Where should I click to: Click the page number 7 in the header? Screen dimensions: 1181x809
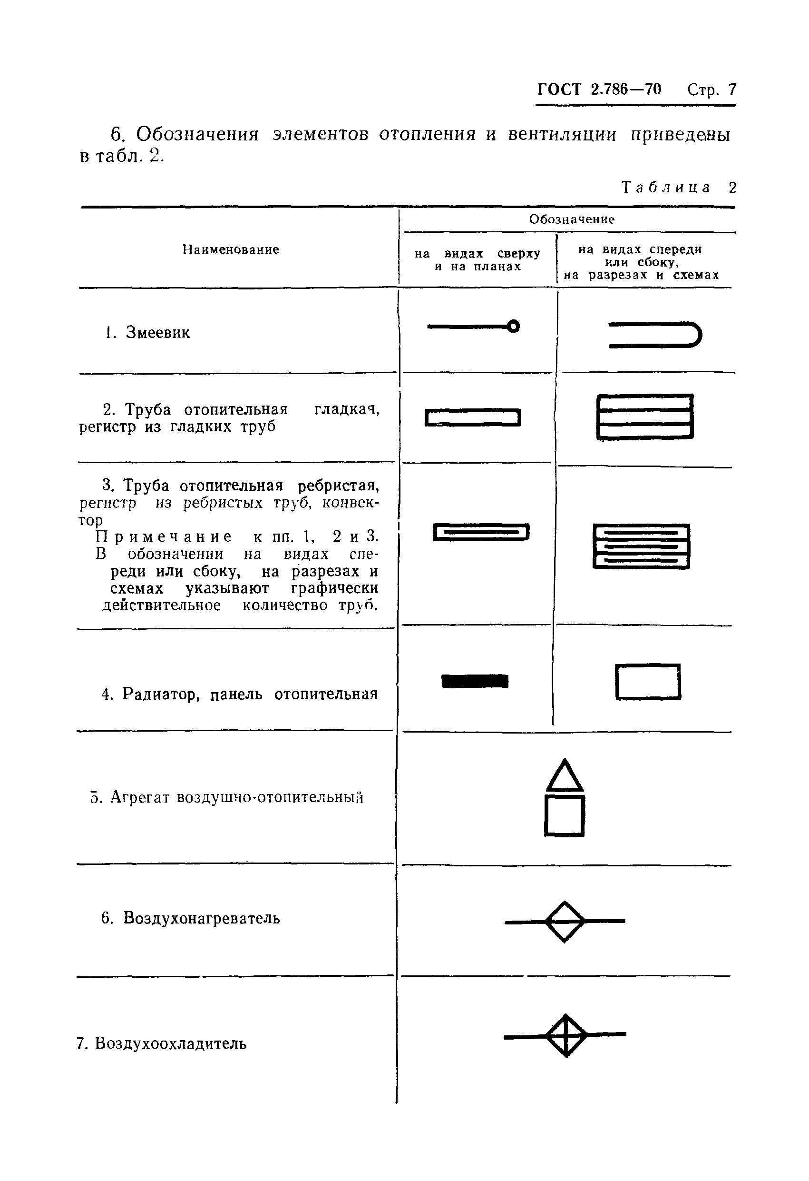click(x=732, y=90)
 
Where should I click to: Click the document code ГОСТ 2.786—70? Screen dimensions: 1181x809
click(x=599, y=89)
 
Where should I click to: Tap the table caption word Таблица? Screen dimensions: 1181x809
click(x=666, y=188)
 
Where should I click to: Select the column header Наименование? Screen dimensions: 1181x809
click(x=231, y=249)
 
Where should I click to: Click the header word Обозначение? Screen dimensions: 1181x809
click(x=571, y=219)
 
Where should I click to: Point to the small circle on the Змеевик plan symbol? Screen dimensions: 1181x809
click(x=514, y=326)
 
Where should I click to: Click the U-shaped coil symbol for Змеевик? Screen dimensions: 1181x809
click(x=654, y=335)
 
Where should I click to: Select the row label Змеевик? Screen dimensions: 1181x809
click(x=157, y=332)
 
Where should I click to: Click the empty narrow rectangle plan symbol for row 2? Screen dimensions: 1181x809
click(x=473, y=418)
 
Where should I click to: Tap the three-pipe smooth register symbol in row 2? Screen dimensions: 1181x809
click(x=645, y=416)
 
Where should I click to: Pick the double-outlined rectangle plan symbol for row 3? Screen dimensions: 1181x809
click(x=481, y=532)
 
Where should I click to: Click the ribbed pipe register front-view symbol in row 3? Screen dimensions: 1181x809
click(x=642, y=546)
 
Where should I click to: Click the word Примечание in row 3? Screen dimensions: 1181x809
click(x=164, y=536)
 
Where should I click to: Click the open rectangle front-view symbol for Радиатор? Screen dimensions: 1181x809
click(x=647, y=682)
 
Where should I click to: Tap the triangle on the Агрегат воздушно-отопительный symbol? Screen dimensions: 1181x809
click(x=564, y=777)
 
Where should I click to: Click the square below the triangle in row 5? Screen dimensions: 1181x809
click(x=564, y=816)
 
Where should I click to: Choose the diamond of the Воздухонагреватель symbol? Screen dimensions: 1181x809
click(x=565, y=921)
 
